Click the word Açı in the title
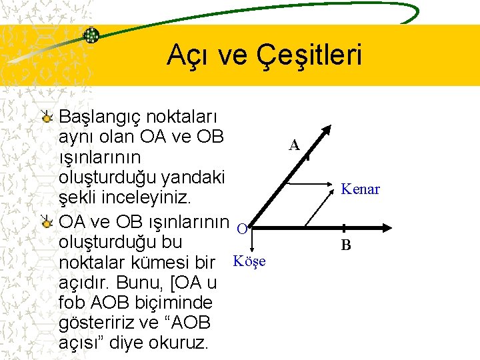(189, 55)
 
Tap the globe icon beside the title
(91, 35)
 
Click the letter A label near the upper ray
(294, 145)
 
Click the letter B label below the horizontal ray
(346, 245)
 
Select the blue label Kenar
(360, 189)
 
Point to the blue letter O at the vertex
(243, 229)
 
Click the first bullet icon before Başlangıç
(47, 118)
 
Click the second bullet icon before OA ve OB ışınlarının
(47, 221)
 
